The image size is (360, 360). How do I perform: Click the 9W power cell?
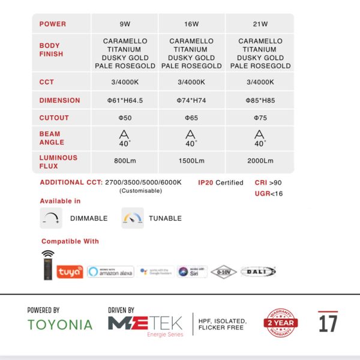(x=125, y=25)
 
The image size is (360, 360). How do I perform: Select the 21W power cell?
(x=260, y=25)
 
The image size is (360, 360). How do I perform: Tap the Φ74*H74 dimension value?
(x=191, y=101)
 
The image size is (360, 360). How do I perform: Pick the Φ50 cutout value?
(x=125, y=118)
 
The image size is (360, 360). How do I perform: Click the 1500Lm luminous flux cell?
(x=191, y=161)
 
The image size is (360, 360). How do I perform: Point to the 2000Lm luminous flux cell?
(x=260, y=161)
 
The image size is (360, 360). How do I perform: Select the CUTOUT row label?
(x=54, y=118)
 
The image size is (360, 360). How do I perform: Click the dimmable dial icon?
(x=51, y=218)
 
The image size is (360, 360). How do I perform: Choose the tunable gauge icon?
(x=133, y=218)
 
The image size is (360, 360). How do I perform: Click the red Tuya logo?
(x=70, y=272)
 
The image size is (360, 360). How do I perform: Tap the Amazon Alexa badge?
(x=110, y=272)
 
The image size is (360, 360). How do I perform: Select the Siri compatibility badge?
(x=193, y=272)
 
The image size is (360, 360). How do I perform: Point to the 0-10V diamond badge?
(x=224, y=272)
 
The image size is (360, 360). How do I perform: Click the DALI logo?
(x=258, y=272)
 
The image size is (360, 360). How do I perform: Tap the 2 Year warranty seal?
(x=281, y=323)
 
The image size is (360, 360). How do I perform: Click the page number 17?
(x=328, y=323)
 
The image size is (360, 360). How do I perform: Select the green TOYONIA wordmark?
(x=60, y=325)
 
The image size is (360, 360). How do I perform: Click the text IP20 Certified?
(x=221, y=182)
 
